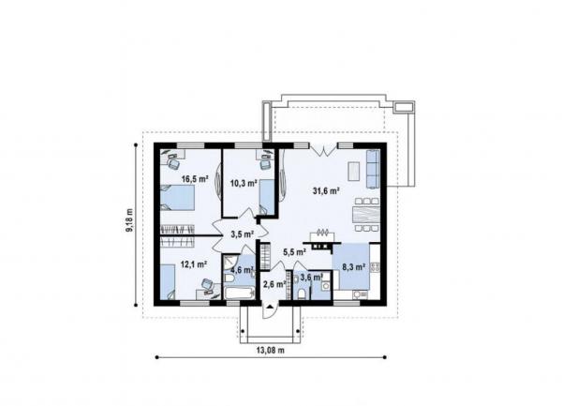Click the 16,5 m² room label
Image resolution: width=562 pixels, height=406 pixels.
(x=195, y=178)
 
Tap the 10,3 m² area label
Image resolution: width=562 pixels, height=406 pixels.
(x=244, y=183)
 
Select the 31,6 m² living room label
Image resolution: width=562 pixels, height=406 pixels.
(x=326, y=190)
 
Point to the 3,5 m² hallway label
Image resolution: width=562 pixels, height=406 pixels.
(x=243, y=234)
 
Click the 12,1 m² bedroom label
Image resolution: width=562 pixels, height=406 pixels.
(x=194, y=264)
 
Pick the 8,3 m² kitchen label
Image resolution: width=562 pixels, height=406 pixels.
(x=354, y=267)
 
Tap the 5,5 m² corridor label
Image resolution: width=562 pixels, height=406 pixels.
(x=295, y=252)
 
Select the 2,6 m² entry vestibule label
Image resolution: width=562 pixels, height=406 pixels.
(x=274, y=284)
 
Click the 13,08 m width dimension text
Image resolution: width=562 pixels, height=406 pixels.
(x=271, y=351)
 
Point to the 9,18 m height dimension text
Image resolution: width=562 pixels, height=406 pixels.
(x=129, y=219)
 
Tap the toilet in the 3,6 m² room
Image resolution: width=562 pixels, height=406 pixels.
(x=302, y=294)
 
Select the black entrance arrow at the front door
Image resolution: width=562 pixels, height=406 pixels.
(x=269, y=307)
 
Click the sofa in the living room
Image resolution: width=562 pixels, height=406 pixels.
(x=373, y=169)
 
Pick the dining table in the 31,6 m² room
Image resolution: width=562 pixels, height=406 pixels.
(x=365, y=215)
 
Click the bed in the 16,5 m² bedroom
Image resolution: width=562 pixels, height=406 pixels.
(x=177, y=197)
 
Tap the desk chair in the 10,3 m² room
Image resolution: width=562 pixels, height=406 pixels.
(x=266, y=164)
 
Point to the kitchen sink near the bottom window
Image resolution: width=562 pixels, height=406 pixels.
(x=360, y=294)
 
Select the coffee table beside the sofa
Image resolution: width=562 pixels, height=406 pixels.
(x=354, y=172)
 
